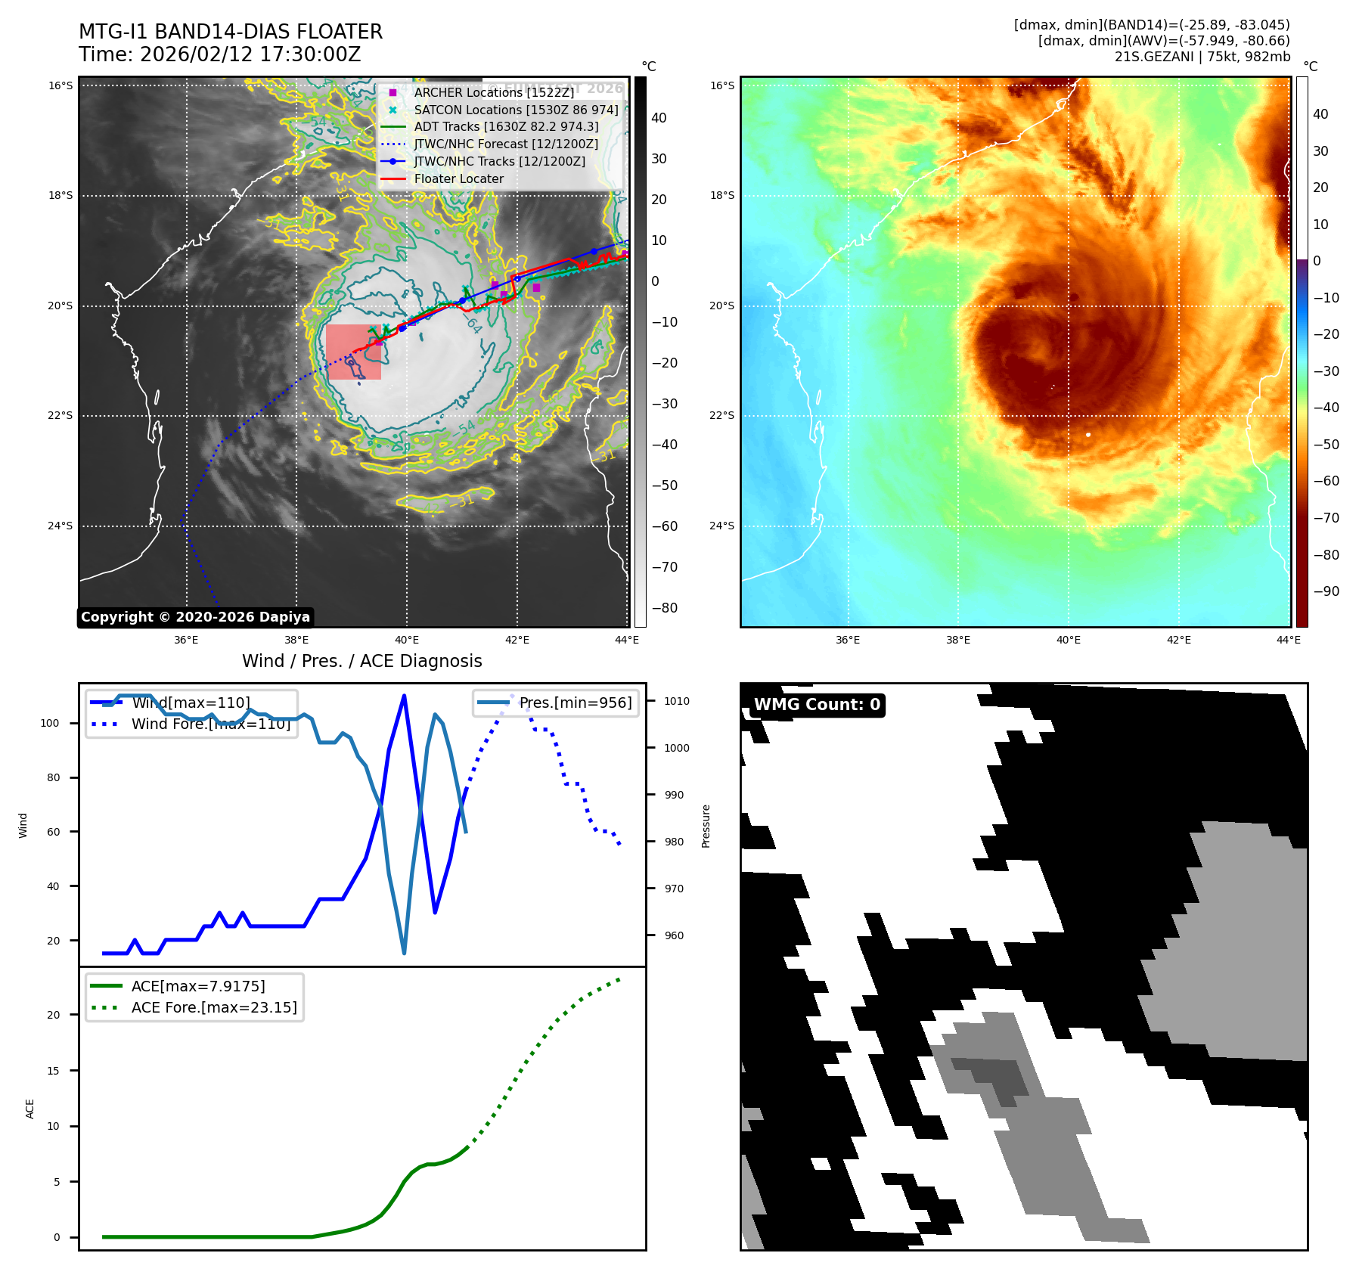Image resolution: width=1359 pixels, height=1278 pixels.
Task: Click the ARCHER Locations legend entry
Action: (x=493, y=92)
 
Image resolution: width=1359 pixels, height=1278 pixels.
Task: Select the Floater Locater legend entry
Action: (x=458, y=179)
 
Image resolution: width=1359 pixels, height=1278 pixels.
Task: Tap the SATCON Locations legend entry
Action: (x=516, y=110)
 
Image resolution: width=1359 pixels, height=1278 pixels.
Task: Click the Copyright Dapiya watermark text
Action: (x=195, y=617)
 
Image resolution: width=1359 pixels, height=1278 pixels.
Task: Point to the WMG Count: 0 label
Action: (x=817, y=705)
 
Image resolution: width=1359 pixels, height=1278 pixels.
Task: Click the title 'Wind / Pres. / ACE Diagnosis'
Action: (x=361, y=661)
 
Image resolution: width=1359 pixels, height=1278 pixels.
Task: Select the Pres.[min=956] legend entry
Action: (x=575, y=703)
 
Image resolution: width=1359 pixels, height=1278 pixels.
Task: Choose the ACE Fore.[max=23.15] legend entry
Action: (x=213, y=1007)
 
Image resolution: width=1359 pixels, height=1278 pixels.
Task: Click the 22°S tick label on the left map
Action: (x=61, y=416)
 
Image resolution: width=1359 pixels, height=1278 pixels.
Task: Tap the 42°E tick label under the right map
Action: (x=1178, y=640)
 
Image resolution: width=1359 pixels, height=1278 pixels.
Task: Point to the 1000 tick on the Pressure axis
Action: (x=677, y=748)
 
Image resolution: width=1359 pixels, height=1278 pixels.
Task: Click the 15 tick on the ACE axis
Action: (x=53, y=1071)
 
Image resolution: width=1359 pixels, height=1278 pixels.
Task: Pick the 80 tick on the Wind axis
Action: (x=53, y=777)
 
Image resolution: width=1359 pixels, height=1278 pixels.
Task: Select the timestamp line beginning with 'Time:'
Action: (x=219, y=54)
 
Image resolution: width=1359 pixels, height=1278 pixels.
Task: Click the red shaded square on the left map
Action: (x=353, y=352)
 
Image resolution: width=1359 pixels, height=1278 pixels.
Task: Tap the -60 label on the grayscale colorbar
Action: (x=665, y=526)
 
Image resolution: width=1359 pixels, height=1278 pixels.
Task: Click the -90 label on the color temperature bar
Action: (x=1326, y=591)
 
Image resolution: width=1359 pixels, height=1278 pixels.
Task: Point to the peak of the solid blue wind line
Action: (x=404, y=695)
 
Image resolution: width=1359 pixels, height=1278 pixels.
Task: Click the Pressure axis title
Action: (x=706, y=826)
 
